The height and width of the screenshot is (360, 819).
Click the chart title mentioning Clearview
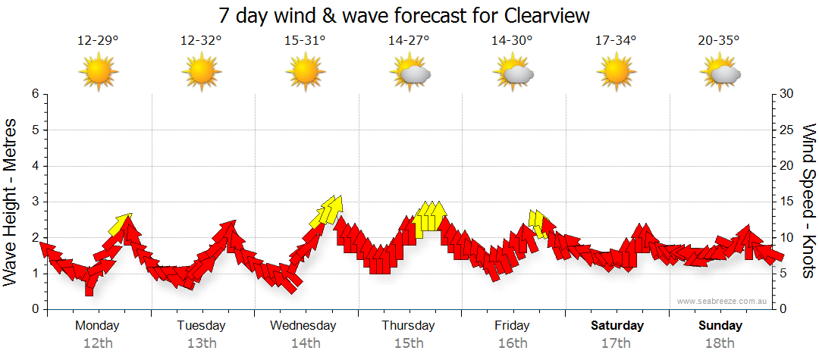pyautogui.click(x=403, y=15)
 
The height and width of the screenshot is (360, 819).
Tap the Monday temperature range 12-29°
pyautogui.click(x=98, y=41)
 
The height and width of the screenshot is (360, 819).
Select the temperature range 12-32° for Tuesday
pyautogui.click(x=201, y=41)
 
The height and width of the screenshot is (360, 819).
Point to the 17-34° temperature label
pyautogui.click(x=616, y=41)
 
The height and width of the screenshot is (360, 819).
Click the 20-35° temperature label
pyautogui.click(x=719, y=41)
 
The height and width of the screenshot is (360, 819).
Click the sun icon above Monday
pyautogui.click(x=98, y=73)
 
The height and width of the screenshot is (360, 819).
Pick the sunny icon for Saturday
pyautogui.click(x=616, y=73)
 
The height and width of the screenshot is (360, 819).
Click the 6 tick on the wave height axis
pyautogui.click(x=34, y=94)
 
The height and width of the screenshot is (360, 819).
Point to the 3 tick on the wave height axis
pyautogui.click(x=34, y=202)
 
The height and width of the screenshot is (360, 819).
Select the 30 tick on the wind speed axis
pyautogui.click(x=787, y=94)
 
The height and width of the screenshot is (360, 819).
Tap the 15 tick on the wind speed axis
pyautogui.click(x=787, y=202)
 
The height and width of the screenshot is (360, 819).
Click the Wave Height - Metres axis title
pyautogui.click(x=11, y=202)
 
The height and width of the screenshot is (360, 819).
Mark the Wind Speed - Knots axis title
pyautogui.click(x=808, y=202)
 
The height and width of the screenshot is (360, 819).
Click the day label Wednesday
pyautogui.click(x=303, y=326)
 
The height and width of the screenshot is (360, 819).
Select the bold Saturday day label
pyautogui.click(x=617, y=326)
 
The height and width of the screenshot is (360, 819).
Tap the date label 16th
pyautogui.click(x=513, y=343)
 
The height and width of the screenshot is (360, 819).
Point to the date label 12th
pyautogui.click(x=98, y=343)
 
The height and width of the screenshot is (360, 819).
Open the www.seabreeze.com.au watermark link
pyautogui.click(x=723, y=301)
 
